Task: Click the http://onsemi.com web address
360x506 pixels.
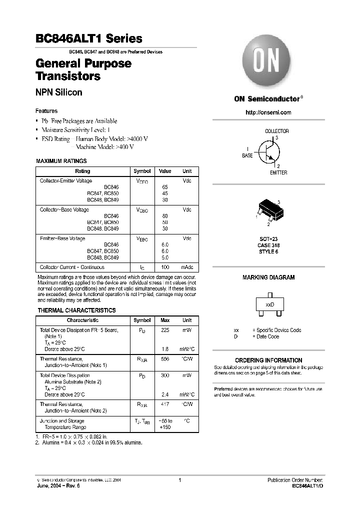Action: click(x=268, y=112)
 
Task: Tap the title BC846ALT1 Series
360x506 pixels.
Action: click(x=89, y=38)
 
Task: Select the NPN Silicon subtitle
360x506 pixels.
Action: click(x=58, y=92)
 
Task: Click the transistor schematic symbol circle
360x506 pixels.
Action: click(x=268, y=150)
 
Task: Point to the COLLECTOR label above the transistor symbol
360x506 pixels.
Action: click(x=276, y=131)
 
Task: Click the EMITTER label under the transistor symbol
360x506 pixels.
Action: click(x=278, y=172)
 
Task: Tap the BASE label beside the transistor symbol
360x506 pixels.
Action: click(x=247, y=155)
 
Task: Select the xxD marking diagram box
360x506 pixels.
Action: click(x=270, y=304)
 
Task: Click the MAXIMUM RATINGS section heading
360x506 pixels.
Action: click(x=61, y=161)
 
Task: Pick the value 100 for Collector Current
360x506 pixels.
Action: click(x=165, y=267)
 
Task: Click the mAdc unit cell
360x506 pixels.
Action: click(x=187, y=267)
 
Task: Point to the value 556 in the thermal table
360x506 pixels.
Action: click(x=165, y=359)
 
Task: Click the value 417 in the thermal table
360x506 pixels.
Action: click(x=165, y=404)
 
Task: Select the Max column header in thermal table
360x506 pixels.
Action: click(x=165, y=320)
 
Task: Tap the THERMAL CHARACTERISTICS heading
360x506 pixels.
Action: click(x=76, y=310)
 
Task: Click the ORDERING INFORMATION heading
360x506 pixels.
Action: click(x=268, y=360)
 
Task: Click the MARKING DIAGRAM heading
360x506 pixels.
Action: click(x=268, y=277)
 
